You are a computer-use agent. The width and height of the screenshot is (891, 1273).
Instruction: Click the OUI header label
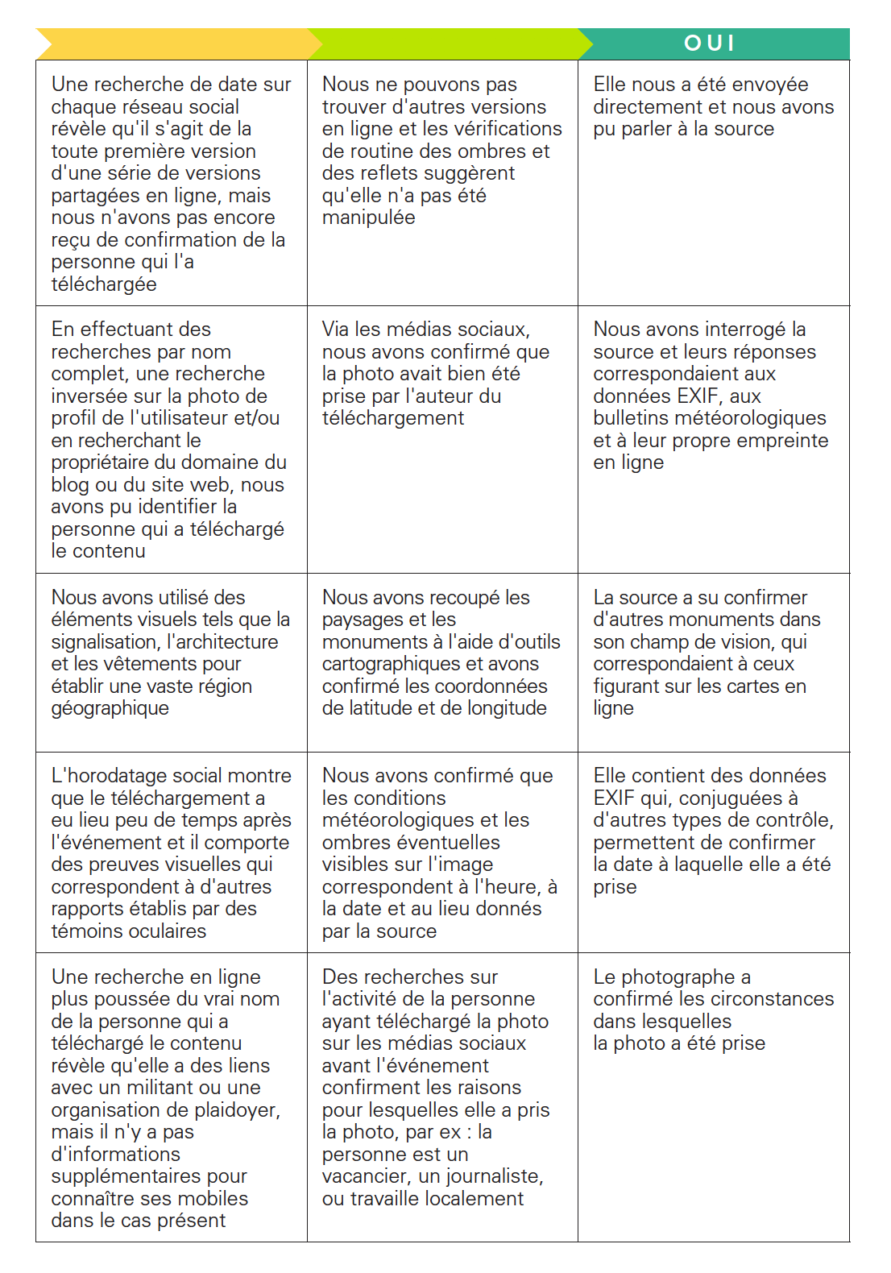point(709,43)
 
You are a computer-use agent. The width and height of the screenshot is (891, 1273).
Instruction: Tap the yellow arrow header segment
point(173,43)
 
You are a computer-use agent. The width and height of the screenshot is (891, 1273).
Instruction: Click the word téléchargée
point(104,284)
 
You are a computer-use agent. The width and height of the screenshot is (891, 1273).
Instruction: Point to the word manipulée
point(368,217)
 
